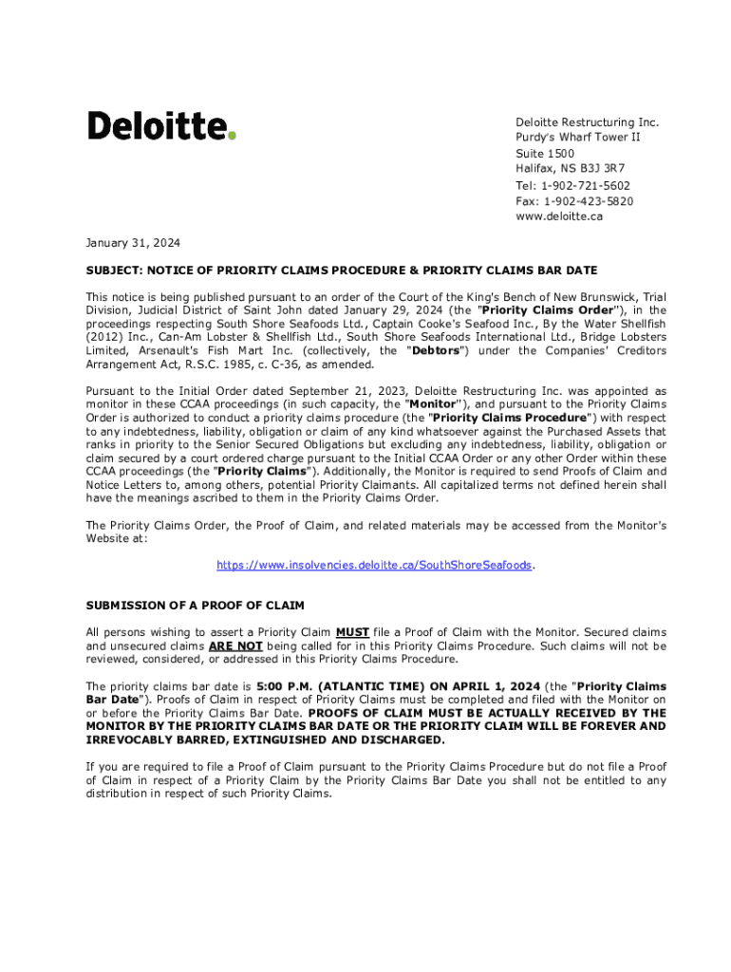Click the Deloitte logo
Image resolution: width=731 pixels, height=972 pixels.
161,125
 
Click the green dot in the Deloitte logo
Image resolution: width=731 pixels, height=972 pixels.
232,136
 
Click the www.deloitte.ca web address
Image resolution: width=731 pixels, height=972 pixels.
559,216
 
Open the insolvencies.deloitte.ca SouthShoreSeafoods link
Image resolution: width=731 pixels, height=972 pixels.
374,565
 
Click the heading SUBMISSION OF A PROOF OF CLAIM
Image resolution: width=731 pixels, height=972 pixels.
195,605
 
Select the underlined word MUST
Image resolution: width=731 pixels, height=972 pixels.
352,632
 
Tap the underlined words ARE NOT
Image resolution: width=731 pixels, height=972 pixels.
235,645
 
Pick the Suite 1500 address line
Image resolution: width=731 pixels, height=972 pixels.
545,154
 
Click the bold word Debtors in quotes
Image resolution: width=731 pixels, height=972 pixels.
434,351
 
